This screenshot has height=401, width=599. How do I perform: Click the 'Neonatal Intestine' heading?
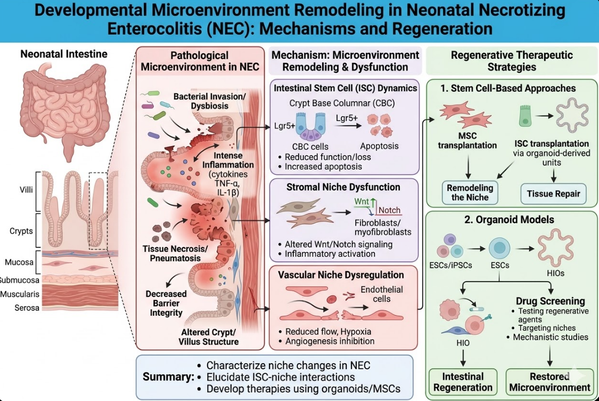(64, 54)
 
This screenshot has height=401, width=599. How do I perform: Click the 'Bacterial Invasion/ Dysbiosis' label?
(201, 101)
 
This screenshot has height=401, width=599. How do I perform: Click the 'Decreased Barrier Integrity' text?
(166, 303)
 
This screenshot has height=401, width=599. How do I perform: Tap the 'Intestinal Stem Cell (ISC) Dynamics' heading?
(345, 88)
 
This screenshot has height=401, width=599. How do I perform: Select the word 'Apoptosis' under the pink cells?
(380, 146)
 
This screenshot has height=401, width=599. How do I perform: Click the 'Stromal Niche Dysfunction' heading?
(343, 187)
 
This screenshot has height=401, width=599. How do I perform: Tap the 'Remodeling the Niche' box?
(470, 193)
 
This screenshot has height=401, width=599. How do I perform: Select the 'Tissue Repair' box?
(553, 194)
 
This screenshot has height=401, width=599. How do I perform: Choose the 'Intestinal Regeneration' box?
(462, 382)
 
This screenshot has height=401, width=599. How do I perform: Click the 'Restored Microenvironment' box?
(549, 382)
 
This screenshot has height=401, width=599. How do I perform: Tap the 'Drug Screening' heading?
(550, 301)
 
